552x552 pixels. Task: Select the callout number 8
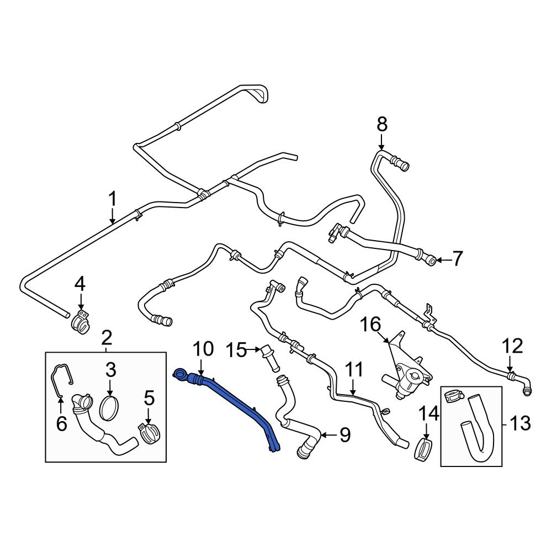tap(382, 125)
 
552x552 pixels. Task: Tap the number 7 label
tap(458, 258)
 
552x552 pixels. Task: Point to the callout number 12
tap(512, 347)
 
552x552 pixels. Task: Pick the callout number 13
tap(519, 423)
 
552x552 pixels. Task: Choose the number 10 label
tap(203, 349)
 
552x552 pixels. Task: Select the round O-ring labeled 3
tap(110, 408)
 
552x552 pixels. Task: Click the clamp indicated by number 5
tap(148, 433)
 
